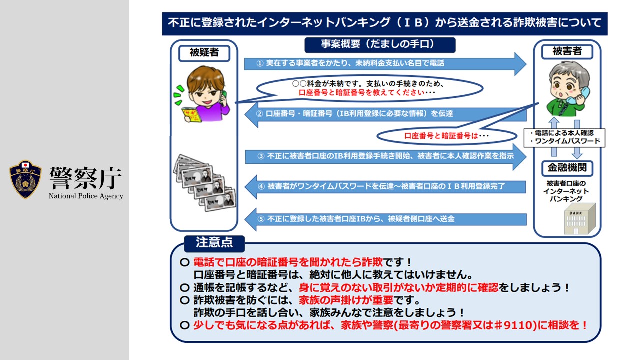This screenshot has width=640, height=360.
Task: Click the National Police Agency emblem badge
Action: (25, 179)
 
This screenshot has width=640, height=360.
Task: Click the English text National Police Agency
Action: (86, 196)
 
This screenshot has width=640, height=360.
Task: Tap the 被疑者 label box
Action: (204, 52)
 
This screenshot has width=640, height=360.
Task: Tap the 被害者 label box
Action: (567, 51)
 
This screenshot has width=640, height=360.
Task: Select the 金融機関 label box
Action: (567, 168)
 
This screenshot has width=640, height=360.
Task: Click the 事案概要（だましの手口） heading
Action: (380, 44)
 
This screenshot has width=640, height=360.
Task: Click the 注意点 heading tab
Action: (214, 243)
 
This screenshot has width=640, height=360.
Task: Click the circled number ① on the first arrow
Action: (260, 64)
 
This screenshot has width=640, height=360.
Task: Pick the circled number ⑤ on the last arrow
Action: (260, 219)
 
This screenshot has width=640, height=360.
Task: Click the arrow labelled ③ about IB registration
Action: (385, 156)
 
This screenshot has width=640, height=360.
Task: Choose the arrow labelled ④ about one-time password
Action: (385, 187)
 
